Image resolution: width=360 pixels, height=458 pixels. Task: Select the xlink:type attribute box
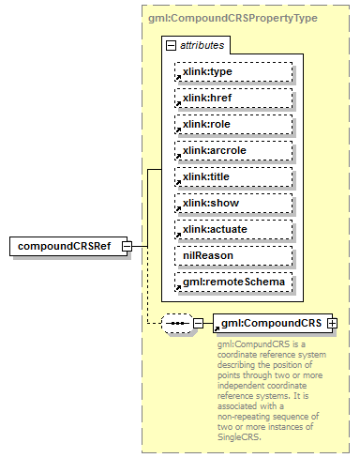tap(232, 71)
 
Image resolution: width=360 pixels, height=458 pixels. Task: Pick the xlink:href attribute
tap(232, 98)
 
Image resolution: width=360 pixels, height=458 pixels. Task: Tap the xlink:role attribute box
tap(232, 124)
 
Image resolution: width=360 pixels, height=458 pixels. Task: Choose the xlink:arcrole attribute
tap(232, 150)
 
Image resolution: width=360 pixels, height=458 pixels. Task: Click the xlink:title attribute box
tap(232, 176)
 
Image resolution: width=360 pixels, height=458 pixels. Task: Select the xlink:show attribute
tap(232, 203)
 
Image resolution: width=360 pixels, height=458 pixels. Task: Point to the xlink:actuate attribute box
tap(232, 229)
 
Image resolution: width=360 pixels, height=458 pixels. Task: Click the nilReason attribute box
tap(232, 255)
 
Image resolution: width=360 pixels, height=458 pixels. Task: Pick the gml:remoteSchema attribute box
tap(232, 282)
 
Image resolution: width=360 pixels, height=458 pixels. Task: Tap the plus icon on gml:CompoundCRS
tap(331, 323)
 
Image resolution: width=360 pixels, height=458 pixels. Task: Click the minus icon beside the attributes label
tap(171, 44)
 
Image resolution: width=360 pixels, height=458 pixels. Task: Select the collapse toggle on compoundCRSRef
tap(139, 246)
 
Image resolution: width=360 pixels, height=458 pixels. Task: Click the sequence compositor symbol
tap(175, 323)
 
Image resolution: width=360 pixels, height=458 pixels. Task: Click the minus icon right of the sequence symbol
tap(198, 323)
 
